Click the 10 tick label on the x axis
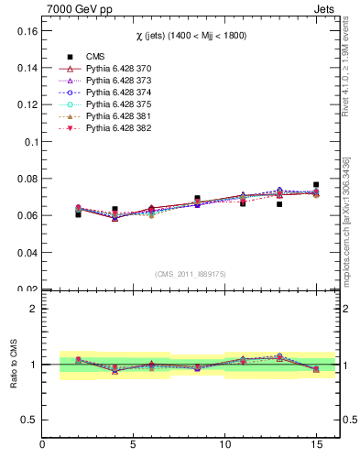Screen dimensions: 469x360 (225, 446)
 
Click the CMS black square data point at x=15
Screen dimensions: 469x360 (316, 185)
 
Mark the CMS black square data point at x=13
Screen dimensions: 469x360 (279, 204)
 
